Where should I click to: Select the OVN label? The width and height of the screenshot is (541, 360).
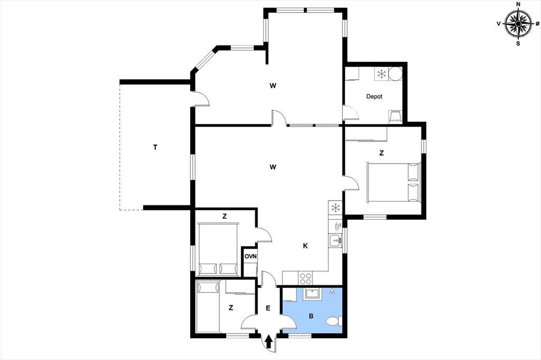(250, 257)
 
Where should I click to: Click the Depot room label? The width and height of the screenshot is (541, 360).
(375, 97)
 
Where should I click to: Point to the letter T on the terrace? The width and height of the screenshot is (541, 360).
(155, 148)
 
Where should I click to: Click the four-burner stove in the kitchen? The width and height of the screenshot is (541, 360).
(305, 278)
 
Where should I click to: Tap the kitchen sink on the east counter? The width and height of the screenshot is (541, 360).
(335, 240)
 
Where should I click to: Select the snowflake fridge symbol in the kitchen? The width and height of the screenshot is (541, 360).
(335, 208)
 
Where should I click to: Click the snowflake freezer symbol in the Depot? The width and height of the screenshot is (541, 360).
(381, 73)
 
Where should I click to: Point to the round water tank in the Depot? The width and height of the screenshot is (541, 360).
(395, 73)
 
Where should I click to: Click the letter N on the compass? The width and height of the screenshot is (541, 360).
(518, 4)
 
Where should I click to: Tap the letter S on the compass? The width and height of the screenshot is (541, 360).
(518, 44)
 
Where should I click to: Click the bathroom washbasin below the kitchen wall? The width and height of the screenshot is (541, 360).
(312, 293)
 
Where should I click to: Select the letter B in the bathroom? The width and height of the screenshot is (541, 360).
(311, 316)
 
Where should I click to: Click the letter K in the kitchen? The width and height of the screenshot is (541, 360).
(305, 246)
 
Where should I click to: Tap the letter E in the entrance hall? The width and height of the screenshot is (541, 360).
(268, 308)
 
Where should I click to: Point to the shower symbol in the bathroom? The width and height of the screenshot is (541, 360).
(332, 291)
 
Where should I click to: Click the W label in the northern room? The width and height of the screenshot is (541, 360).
(273, 86)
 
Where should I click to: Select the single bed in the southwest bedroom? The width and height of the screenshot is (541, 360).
(208, 307)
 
